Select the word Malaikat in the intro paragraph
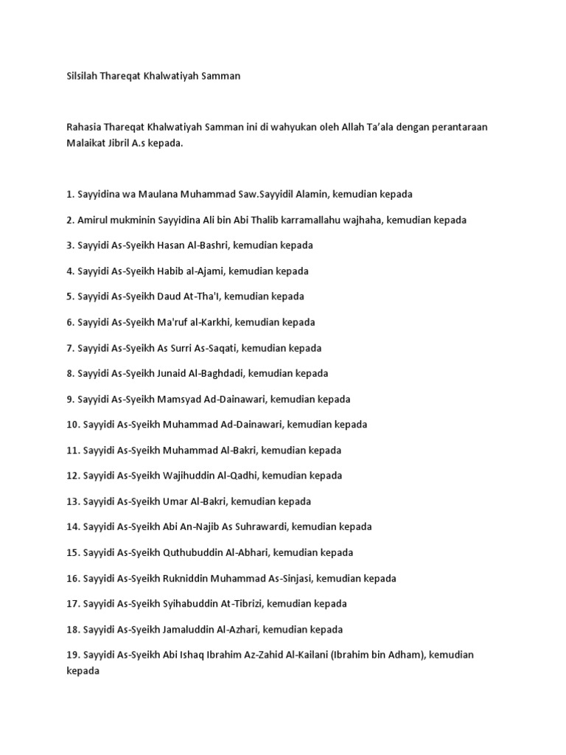[x=87, y=144]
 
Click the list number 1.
[x=69, y=194]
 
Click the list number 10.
[x=72, y=425]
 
